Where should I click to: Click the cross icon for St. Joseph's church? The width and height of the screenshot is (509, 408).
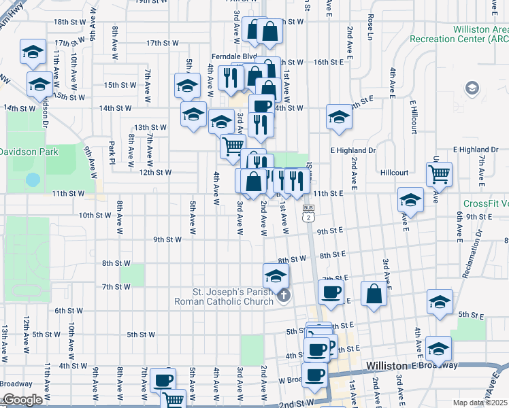pos(284,295)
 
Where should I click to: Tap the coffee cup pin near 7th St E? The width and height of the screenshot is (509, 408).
pos(331,292)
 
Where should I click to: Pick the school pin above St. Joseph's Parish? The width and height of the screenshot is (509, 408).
pos(276,275)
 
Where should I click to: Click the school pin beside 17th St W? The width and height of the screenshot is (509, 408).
pos(32,53)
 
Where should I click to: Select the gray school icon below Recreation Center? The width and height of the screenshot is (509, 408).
pos(471,88)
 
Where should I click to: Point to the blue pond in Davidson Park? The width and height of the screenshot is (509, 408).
pos(32,180)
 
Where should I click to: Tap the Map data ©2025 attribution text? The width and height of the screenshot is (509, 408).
pos(480,403)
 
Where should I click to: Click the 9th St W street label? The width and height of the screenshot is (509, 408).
pos(167,239)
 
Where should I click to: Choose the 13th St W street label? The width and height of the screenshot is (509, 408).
pos(150,127)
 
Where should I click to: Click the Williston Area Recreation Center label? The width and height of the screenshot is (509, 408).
pos(459,34)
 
